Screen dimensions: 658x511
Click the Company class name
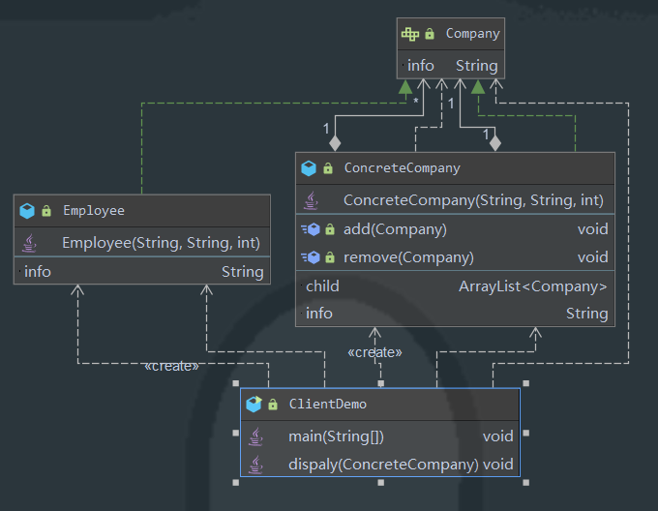tap(472, 34)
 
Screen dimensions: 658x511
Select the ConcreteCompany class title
tap(402, 168)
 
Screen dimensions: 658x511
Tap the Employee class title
tap(94, 211)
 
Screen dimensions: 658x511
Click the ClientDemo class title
tap(328, 404)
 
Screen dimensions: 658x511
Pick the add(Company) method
tap(395, 229)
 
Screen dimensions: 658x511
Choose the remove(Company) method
tap(408, 257)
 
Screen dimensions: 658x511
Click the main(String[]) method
tap(336, 436)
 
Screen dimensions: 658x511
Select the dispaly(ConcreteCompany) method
tap(383, 465)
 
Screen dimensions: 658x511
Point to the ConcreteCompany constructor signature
tap(473, 200)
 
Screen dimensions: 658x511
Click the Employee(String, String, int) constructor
tap(162, 243)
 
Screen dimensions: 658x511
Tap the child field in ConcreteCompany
tap(322, 286)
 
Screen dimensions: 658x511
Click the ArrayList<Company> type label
tap(533, 286)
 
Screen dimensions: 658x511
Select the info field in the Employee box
tap(38, 272)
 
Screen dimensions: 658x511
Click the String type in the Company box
tap(477, 66)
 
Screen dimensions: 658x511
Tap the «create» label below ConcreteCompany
tap(374, 352)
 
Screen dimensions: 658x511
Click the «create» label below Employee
tap(171, 366)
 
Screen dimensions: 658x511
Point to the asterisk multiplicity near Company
tap(415, 101)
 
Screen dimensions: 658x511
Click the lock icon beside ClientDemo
tap(273, 404)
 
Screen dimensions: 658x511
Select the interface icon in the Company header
tap(410, 34)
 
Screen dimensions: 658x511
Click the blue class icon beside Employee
tap(27, 211)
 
